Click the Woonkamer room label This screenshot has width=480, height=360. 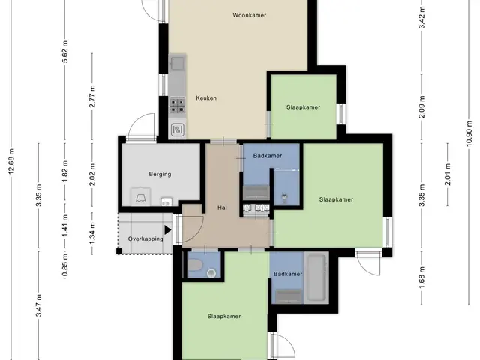click(x=250, y=15)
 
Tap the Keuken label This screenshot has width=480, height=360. click(x=206, y=98)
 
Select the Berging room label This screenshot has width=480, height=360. click(x=160, y=175)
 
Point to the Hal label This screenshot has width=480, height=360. click(x=222, y=208)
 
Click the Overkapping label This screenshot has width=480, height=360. click(x=145, y=238)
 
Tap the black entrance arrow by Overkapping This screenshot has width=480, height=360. click(x=168, y=230)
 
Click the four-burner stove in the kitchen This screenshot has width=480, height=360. click(x=178, y=105)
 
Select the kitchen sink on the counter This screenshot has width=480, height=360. click(x=178, y=63)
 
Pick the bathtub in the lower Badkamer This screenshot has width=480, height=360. click(x=316, y=277)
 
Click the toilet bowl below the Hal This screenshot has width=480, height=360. click(x=195, y=265)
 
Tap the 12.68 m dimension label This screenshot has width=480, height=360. click(x=12, y=162)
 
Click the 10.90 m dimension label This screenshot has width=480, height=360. click(x=469, y=133)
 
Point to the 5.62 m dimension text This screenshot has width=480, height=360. click(x=65, y=52)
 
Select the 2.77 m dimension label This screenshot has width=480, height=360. click(x=92, y=96)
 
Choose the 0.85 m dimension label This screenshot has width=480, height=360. click(x=65, y=265)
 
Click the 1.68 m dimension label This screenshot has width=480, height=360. click(x=421, y=277)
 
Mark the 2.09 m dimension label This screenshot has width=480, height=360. click(x=421, y=106)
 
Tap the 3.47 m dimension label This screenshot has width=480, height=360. click(x=38, y=305)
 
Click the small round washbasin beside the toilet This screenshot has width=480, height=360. click(x=211, y=273)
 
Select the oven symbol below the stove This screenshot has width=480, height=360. click(x=178, y=130)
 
